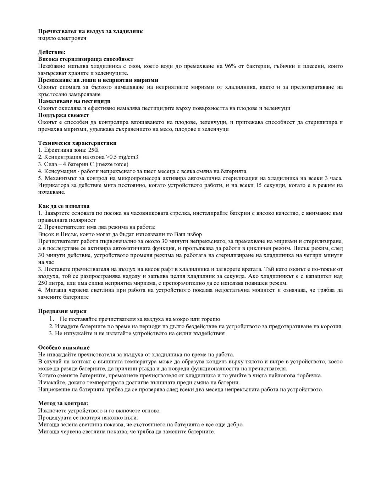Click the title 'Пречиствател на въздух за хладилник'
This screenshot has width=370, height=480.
pos(90,31)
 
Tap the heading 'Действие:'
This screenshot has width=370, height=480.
pos(51,52)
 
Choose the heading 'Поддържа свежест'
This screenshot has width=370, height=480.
pos(63,115)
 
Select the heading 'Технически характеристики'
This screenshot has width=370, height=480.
pos(77,143)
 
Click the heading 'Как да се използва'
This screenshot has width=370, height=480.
pos(64,206)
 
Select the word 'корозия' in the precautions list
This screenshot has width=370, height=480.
pos(331,326)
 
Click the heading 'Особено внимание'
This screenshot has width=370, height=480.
pos(63,347)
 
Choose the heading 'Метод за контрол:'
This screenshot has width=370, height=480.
pos(63,404)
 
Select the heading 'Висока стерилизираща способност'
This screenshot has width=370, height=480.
pos(85,59)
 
